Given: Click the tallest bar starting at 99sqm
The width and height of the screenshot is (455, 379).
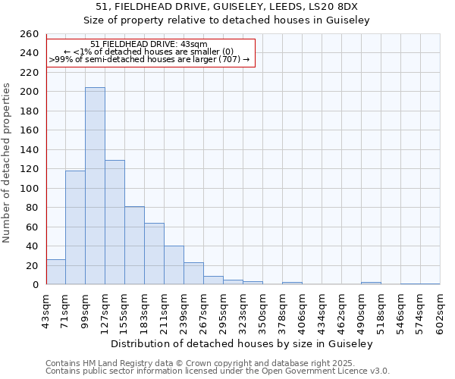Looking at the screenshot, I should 95,186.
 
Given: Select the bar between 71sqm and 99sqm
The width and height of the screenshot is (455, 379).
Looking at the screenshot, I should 75,227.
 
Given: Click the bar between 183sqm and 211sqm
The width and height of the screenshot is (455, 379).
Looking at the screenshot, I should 154,253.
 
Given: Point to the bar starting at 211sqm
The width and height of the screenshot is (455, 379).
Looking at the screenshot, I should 174,265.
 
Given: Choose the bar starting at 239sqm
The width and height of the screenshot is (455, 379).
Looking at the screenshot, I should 193,274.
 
